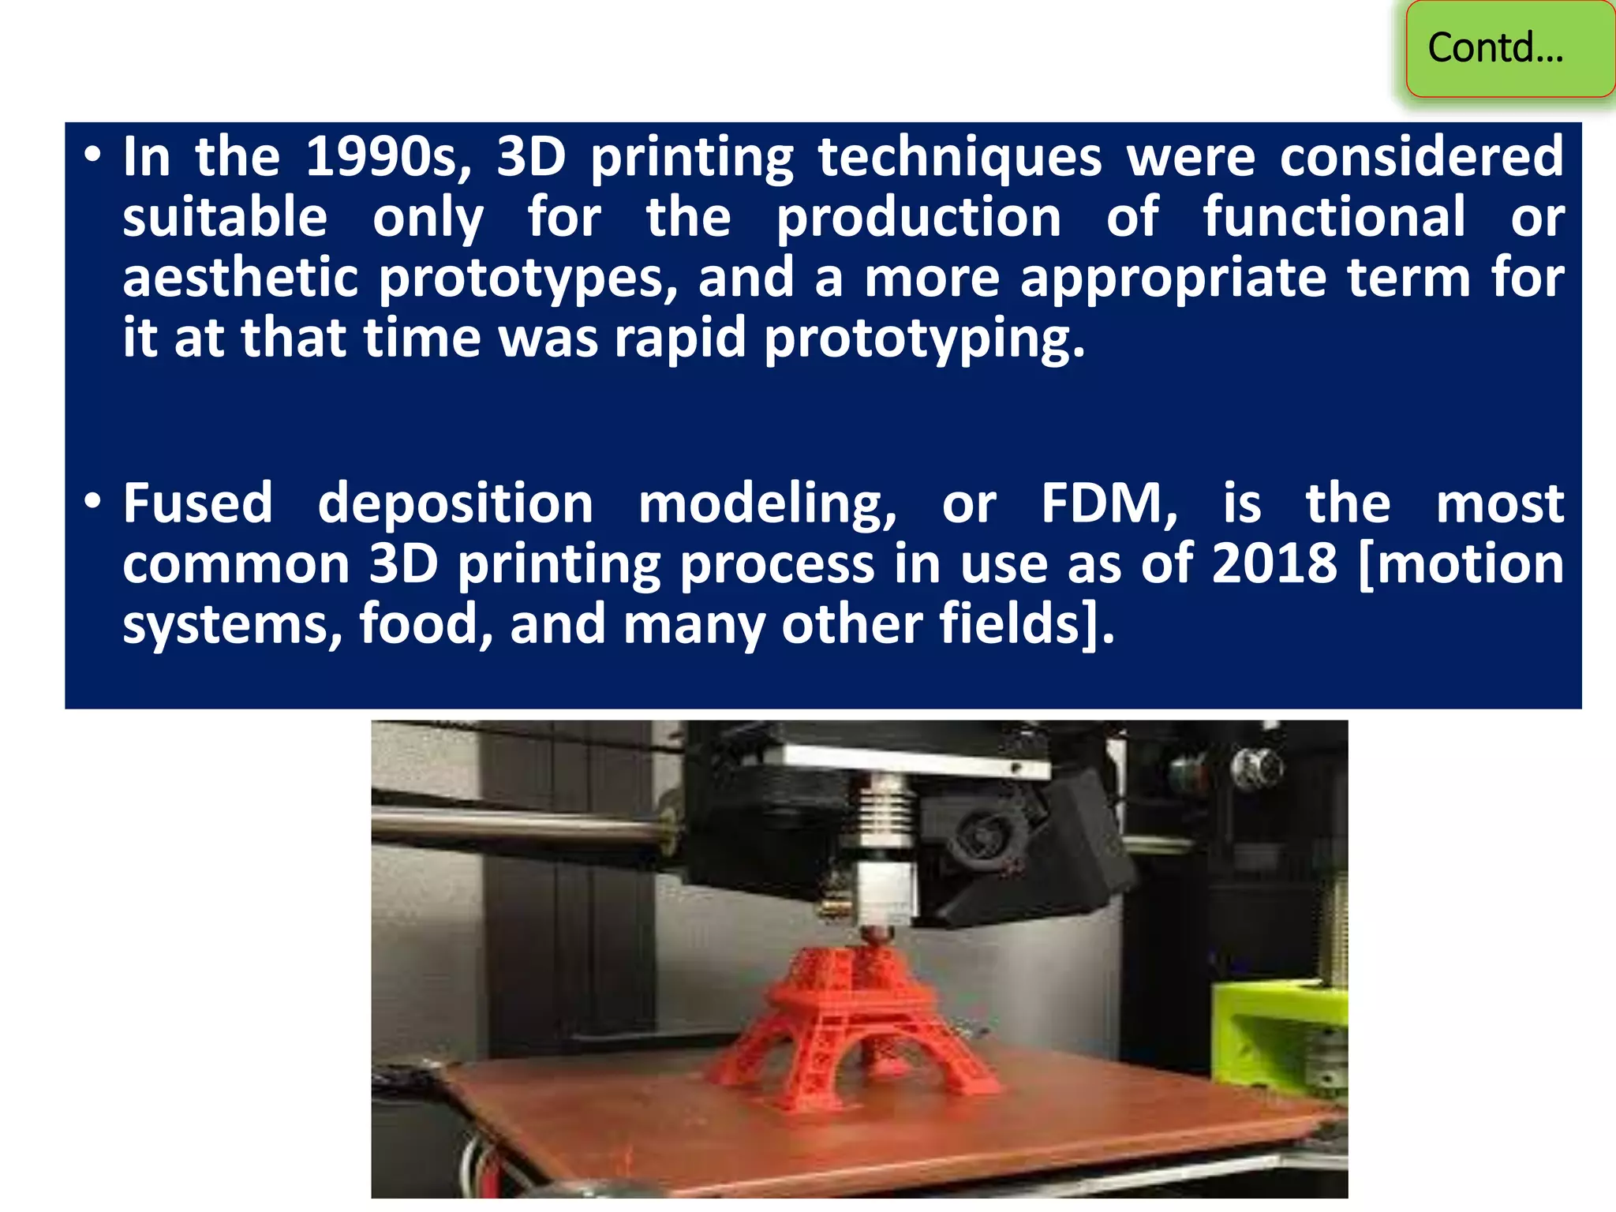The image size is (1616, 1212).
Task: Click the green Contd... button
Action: click(x=1509, y=49)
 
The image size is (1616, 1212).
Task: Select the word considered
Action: click(x=1421, y=157)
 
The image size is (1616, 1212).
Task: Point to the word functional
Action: click(x=1334, y=217)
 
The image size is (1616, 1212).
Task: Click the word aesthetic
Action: click(x=241, y=278)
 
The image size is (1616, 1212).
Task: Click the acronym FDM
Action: click(x=1109, y=505)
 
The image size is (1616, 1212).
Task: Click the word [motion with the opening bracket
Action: click(x=1462, y=564)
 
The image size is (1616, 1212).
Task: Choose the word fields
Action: click(x=1018, y=624)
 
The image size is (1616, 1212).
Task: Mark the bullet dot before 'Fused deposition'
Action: click(x=93, y=503)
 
